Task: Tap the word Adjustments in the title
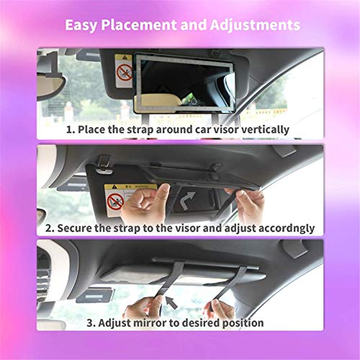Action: [x=251, y=25]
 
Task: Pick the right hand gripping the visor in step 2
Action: [x=241, y=204]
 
